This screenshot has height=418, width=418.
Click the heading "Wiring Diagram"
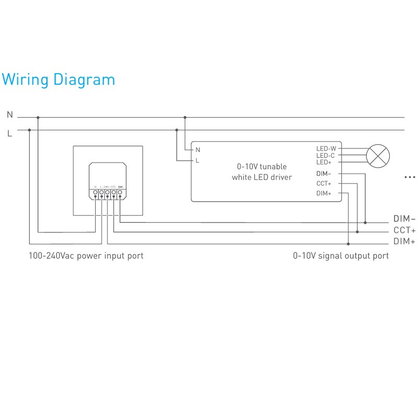click(58, 80)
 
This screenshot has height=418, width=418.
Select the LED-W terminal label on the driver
click(326, 149)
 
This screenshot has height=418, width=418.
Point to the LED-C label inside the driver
click(326, 156)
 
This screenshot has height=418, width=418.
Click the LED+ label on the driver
click(324, 162)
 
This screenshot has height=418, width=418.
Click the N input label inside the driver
click(198, 150)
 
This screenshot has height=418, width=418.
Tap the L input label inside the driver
click(197, 160)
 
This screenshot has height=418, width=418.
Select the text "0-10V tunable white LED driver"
click(262, 172)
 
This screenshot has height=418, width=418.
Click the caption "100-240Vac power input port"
click(86, 256)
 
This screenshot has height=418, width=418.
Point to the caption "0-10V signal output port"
click(341, 256)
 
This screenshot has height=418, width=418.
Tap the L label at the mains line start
click(9, 133)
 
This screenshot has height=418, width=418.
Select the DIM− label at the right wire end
click(404, 219)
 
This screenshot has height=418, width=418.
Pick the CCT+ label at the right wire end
click(404, 230)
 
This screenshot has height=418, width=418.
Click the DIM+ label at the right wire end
click(404, 241)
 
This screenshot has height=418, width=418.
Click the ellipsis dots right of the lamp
click(409, 178)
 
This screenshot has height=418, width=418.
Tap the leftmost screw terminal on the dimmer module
click(95, 193)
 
